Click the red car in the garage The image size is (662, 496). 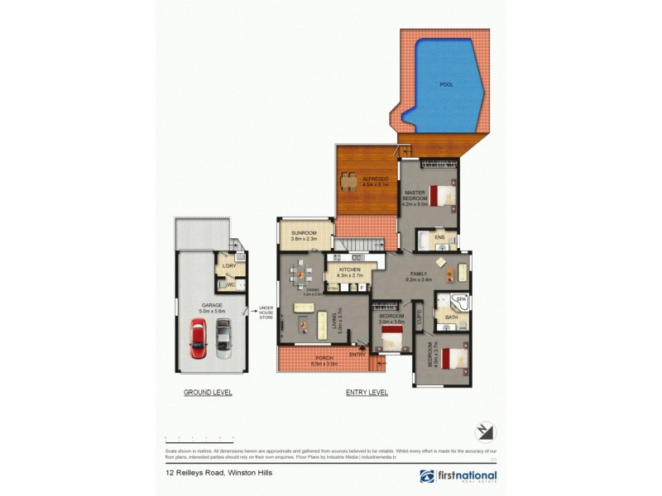coord(198,340)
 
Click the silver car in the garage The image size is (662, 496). coord(223,340)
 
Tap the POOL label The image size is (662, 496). coord(447,84)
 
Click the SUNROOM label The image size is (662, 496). coord(304,233)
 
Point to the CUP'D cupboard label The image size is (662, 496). coord(421,316)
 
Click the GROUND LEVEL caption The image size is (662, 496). coord(208,393)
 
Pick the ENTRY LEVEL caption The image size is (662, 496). coord(367,393)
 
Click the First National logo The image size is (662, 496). coord(458,476)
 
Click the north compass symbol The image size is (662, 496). coord(485,432)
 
